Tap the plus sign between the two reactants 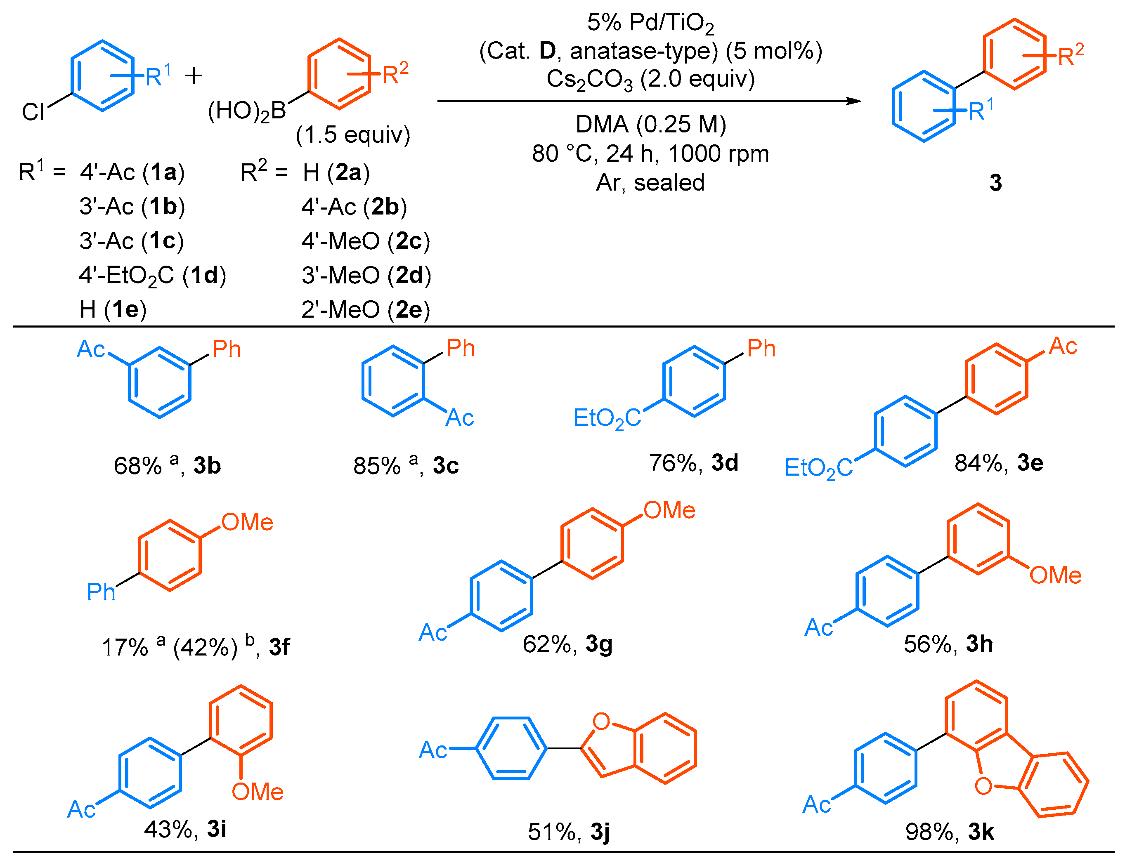pyautogui.click(x=194, y=76)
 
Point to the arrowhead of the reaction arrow pyautogui.click(x=853, y=101)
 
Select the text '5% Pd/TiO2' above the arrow pyautogui.click(x=650, y=23)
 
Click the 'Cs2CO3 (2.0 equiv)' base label pyautogui.click(x=650, y=80)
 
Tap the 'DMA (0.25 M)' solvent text pyautogui.click(x=650, y=124)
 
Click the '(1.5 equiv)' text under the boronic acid pyautogui.click(x=353, y=134)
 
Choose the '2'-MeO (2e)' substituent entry pyautogui.click(x=365, y=310)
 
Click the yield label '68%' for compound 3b pyautogui.click(x=137, y=466)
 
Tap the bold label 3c pyautogui.click(x=446, y=465)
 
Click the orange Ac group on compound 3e pyautogui.click(x=1063, y=346)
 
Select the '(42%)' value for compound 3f pyautogui.click(x=206, y=647)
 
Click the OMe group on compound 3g pyautogui.click(x=669, y=510)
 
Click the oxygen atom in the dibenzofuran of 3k pyautogui.click(x=983, y=786)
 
